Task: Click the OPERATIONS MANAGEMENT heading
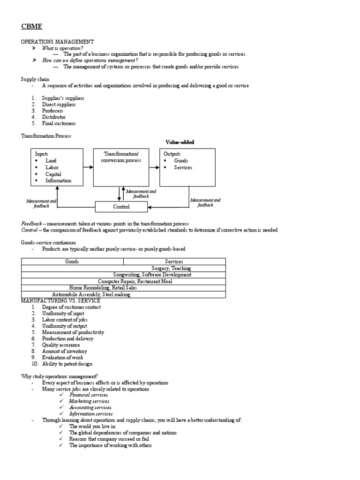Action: tap(57, 42)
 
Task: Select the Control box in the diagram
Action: tap(121, 207)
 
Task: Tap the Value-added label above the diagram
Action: tap(180, 142)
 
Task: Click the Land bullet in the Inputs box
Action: tap(51, 161)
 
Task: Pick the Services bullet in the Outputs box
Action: tap(183, 167)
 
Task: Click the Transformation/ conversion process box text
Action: tap(121, 157)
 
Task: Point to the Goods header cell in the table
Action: tap(72, 262)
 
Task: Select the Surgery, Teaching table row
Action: tap(171, 268)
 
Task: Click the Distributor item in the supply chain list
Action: tap(53, 117)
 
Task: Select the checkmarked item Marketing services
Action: tap(89, 401)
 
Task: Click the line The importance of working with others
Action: tap(110, 446)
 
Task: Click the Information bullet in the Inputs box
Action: tap(58, 180)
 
